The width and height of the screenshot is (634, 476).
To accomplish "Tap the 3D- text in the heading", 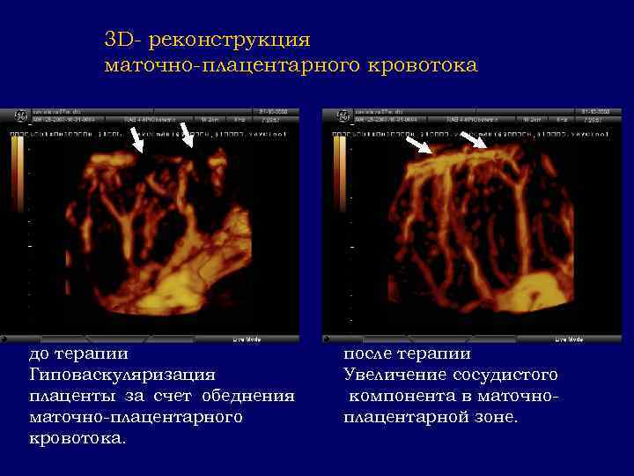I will point(124,40).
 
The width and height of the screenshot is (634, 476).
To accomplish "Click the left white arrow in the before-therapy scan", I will point(136,139).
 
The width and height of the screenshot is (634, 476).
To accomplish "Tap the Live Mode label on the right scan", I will point(566,338).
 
